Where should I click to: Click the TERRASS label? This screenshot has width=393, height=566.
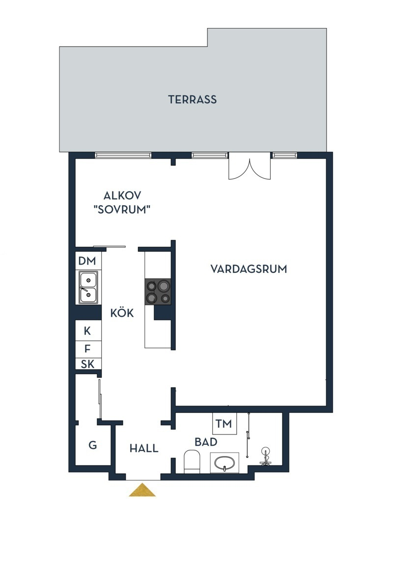coord(192,99)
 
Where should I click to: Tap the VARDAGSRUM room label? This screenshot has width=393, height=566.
coord(249,269)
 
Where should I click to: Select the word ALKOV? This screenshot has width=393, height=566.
coord(122,196)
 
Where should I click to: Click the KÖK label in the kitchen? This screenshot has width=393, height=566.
coord(122,313)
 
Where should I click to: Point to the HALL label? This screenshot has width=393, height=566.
coord(144,448)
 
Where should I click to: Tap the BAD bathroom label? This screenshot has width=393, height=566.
coord(206,442)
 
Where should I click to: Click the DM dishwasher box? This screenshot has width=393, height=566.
coord(88,261)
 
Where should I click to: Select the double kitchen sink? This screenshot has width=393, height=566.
coord(88,287)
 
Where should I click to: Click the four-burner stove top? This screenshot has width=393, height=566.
coord(158,292)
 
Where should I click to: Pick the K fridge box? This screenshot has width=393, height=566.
coord(88,331)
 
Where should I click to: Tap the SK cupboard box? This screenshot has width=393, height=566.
coord(88,364)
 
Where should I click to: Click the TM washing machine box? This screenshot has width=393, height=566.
coord(225,424)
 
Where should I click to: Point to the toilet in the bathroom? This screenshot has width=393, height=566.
coord(192,461)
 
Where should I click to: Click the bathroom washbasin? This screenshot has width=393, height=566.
coord(225,462)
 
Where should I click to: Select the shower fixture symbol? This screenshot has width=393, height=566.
coord(266,456)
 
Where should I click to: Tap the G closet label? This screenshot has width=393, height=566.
coord(93,445)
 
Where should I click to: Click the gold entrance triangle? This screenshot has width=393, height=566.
coord(142,490)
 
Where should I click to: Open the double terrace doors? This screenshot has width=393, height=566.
coord(249,166)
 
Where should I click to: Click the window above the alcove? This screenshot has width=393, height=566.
coord(123,155)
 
